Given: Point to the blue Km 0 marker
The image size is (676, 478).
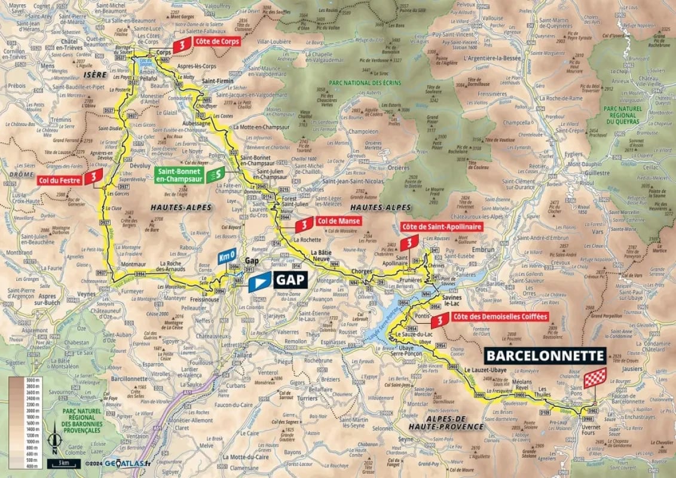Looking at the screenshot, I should pyautogui.click(x=227, y=256).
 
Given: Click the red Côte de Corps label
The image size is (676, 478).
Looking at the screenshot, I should pyautogui.click(x=217, y=42).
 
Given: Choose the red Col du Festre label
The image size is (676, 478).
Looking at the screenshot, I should pyautogui.click(x=59, y=179).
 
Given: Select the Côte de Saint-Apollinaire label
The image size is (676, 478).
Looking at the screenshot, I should pyautogui.click(x=442, y=227).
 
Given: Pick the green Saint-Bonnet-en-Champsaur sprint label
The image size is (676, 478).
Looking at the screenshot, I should pyautogui.click(x=180, y=174).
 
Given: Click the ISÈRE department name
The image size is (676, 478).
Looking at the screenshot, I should pyautogui.click(x=94, y=75).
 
